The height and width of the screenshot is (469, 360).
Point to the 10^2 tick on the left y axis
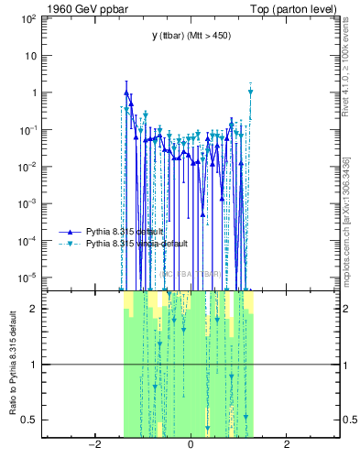27,18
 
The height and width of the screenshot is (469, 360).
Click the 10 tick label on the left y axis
29,55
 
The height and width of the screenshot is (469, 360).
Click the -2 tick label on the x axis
93,446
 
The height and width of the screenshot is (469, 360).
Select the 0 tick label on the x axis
191,446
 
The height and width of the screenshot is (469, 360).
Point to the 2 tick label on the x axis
287,446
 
